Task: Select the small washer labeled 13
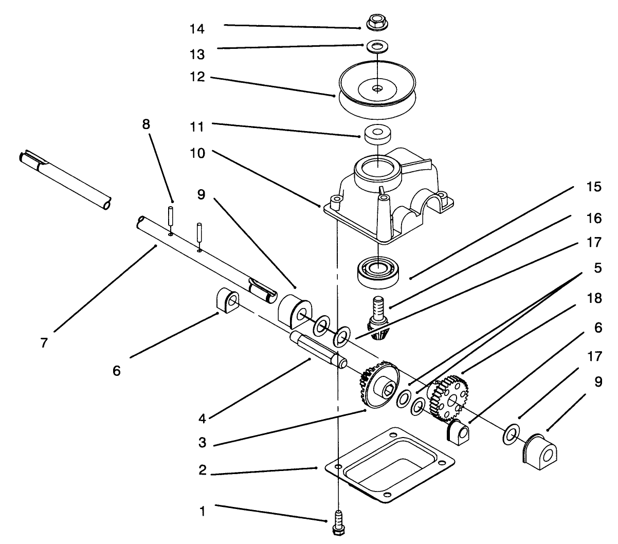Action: coord(378,46)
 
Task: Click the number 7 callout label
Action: coord(44,342)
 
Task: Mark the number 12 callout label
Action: coord(197,78)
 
